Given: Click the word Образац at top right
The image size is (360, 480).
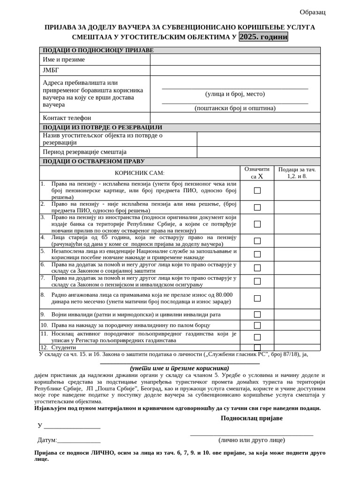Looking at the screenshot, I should [x=312, y=12].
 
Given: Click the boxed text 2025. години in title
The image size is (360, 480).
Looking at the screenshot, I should [x=263, y=37].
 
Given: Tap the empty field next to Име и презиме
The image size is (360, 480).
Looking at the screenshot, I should [x=235, y=60].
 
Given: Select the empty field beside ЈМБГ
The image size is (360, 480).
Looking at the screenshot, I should [x=235, y=70].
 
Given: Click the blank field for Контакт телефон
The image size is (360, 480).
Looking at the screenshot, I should [x=235, y=118].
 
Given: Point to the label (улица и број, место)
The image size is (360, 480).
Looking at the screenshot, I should [x=235, y=94].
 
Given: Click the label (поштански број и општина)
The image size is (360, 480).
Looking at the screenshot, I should [x=235, y=108].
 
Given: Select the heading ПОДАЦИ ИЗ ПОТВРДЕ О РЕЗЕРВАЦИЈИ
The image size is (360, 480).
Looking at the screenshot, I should [x=103, y=127].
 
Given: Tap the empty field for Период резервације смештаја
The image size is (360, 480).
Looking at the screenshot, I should [x=258, y=152].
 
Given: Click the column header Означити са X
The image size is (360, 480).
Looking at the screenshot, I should [x=257, y=172].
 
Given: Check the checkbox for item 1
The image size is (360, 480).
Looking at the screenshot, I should [x=257, y=191].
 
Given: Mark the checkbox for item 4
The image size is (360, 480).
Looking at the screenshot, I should [x=257, y=241].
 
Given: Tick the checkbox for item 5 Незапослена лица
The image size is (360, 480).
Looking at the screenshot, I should [x=257, y=254].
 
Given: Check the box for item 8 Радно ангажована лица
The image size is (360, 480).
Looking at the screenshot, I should [x=257, y=298].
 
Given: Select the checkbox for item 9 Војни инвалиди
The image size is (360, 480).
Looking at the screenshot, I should [x=257, y=315].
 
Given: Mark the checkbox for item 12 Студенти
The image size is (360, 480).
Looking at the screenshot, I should [x=257, y=347].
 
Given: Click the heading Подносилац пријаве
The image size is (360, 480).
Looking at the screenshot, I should [x=252, y=418].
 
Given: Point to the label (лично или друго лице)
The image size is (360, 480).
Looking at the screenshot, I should [x=251, y=440].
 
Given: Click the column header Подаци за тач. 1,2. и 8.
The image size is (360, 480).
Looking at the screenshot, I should [x=297, y=172].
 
